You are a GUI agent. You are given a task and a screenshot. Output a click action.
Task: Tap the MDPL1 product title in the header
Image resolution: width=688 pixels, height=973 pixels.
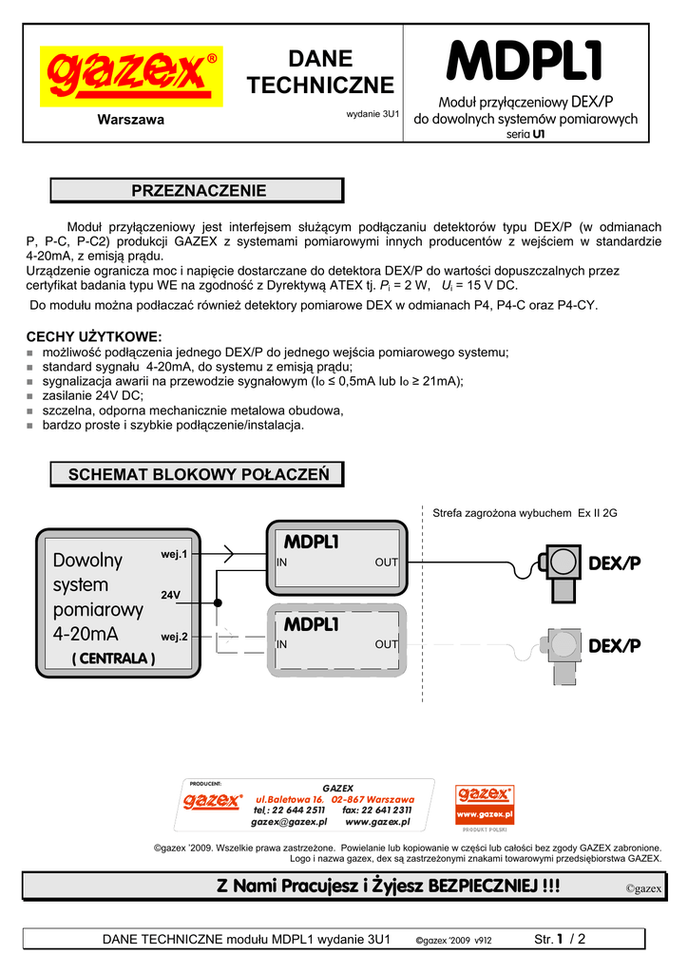[x=526, y=63]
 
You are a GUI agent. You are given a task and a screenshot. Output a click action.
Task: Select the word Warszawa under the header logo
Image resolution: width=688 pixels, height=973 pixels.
[x=131, y=120]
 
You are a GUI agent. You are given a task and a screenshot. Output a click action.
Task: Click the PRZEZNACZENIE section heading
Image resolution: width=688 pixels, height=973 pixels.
[x=197, y=191]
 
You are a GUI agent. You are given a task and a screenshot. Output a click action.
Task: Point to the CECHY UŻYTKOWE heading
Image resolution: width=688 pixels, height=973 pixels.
[x=94, y=336]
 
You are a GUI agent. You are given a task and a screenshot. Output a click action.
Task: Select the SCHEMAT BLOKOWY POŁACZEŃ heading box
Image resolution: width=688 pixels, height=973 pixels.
[x=197, y=474]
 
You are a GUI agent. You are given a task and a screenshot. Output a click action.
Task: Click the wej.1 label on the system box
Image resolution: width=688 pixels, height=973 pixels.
[x=174, y=554]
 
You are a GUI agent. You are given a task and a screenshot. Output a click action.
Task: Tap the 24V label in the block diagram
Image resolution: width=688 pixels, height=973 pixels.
[x=171, y=595]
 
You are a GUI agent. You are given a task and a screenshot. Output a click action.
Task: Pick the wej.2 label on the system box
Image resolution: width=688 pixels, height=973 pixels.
[x=174, y=636]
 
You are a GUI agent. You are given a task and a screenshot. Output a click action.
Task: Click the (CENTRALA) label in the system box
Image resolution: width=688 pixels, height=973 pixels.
[x=113, y=658]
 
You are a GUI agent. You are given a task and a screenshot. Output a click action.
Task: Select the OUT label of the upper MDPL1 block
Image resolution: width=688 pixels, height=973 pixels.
[x=386, y=563]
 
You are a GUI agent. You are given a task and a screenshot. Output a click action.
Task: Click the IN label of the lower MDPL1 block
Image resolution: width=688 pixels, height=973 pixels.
[x=282, y=644]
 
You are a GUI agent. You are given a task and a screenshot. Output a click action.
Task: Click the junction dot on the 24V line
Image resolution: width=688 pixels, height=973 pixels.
[x=218, y=602]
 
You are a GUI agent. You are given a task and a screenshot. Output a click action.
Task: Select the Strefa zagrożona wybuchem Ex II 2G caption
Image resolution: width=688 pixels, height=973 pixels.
[x=525, y=513]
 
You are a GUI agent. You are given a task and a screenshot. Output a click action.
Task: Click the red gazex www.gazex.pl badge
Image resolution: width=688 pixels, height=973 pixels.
[x=485, y=805]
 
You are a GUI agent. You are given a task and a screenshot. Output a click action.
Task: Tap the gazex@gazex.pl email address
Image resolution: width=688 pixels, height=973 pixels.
[x=289, y=822]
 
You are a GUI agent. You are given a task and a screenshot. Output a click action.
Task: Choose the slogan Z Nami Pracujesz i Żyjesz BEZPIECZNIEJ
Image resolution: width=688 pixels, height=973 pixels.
[x=388, y=887]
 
